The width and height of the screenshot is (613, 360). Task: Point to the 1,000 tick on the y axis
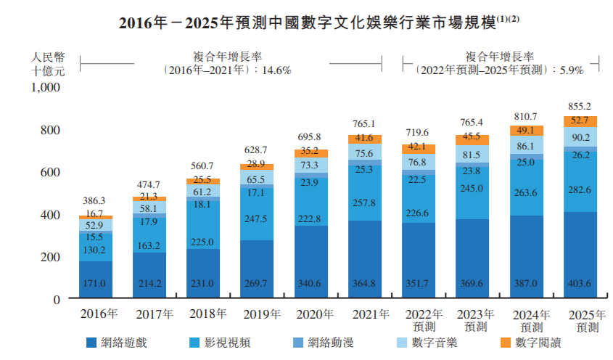point(45,88)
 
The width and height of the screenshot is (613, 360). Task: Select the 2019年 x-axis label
point(262,314)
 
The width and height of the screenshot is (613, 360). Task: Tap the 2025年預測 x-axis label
point(583,321)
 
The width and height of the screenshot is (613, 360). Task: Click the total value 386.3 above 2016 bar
point(95,200)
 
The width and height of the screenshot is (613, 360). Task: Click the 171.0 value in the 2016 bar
point(95,283)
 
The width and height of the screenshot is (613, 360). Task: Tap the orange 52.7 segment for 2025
point(580,121)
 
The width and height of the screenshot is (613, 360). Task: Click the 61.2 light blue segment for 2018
point(203,190)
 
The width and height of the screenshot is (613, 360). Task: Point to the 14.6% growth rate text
point(279,70)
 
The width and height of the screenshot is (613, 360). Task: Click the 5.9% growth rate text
point(571,70)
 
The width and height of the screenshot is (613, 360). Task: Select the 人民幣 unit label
point(49,55)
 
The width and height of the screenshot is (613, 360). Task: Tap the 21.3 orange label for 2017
point(149,197)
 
